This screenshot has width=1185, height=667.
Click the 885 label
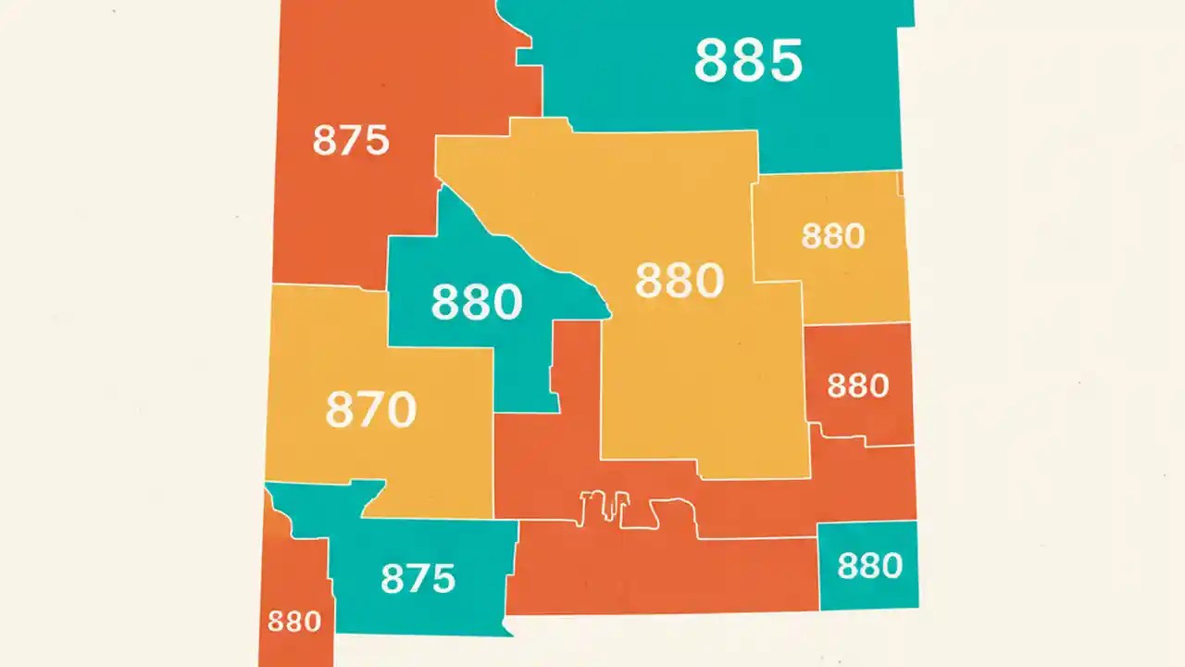click(748, 61)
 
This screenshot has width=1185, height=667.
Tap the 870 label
click(370, 409)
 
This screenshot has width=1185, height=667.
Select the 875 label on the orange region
click(350, 141)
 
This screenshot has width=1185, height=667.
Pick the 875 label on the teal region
click(418, 578)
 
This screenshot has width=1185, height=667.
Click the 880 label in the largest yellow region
click(679, 281)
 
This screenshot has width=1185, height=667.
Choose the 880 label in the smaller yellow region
click(832, 236)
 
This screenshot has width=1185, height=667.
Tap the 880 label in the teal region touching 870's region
click(477, 302)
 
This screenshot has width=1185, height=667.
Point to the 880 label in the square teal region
click(869, 565)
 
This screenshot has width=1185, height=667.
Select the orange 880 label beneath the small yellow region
click(857, 385)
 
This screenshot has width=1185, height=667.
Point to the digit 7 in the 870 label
click(370, 409)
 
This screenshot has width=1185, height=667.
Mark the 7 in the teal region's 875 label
click(418, 578)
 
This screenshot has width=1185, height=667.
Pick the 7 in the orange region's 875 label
click(351, 141)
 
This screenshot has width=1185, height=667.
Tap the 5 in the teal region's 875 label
click(443, 578)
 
